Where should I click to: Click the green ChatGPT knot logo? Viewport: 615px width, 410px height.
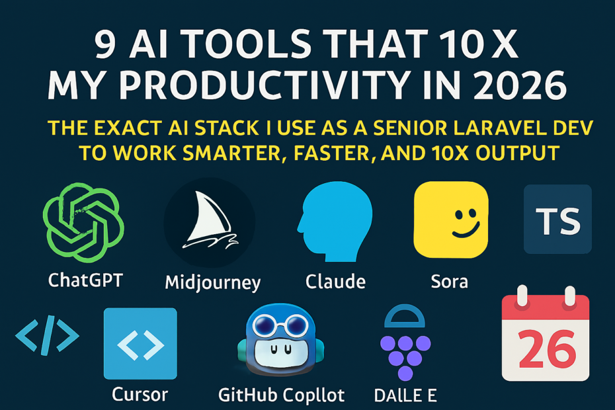(83, 222)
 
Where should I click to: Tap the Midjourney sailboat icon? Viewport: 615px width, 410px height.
(210, 222)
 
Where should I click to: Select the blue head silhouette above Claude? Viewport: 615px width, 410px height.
(335, 222)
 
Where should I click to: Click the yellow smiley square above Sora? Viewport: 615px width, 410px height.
(451, 220)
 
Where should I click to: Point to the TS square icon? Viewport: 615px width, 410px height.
(557, 220)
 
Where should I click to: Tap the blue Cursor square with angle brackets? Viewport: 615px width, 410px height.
(140, 344)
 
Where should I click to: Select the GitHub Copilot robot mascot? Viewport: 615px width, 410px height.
(281, 340)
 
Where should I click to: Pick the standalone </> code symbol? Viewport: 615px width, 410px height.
(48, 335)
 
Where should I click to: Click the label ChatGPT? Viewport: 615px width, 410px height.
(85, 280)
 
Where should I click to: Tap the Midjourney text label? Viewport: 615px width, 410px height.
(212, 283)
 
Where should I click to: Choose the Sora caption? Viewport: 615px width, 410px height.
(450, 282)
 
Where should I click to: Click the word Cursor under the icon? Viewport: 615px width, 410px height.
(140, 394)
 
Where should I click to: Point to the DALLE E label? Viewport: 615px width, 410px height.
(405, 395)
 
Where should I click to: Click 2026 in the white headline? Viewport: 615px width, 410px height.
(520, 85)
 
